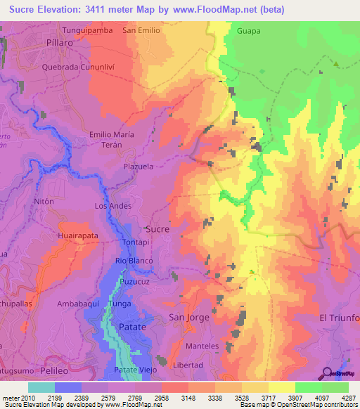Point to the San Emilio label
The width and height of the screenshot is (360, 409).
(x=141, y=31)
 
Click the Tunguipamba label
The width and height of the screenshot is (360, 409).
(x=88, y=31)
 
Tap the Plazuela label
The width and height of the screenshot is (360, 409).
(x=138, y=167)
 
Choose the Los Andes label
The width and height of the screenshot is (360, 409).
(x=113, y=206)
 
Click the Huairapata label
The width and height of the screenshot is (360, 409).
(x=78, y=237)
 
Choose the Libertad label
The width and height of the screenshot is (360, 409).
(x=188, y=365)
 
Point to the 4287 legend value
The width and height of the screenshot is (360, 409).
(x=349, y=398)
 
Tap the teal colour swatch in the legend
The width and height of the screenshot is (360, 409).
(x=41, y=387)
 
